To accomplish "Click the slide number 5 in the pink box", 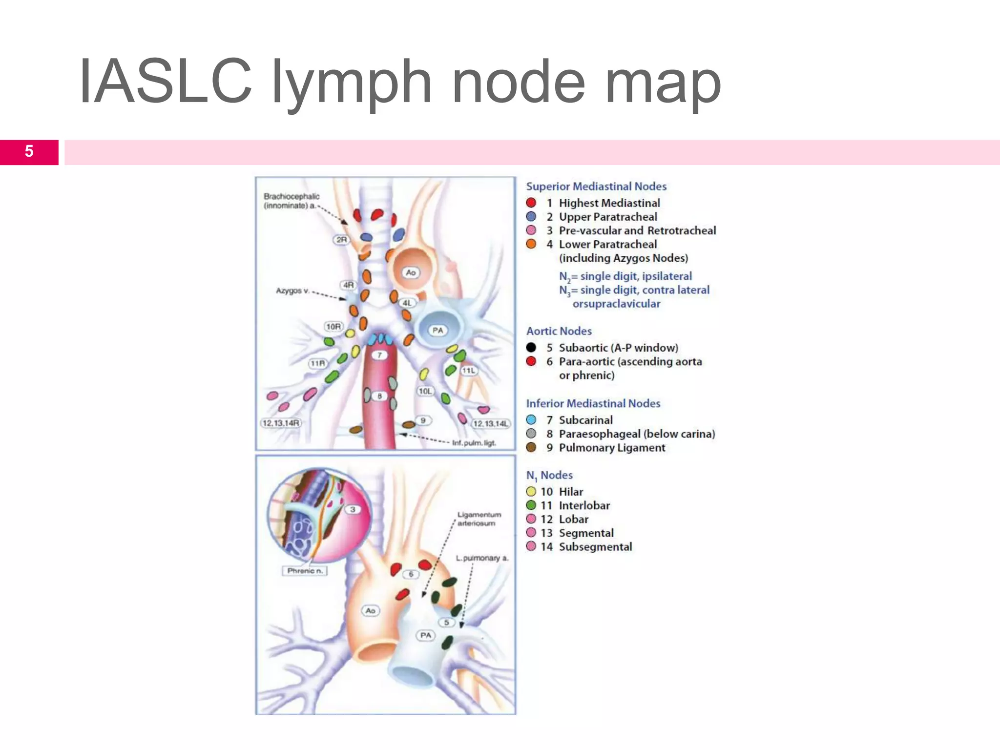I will point(29,151).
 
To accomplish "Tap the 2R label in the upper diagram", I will point(342,239).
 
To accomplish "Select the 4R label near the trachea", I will point(348,285).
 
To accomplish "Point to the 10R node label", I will point(334,326).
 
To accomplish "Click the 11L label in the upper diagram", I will point(469,371).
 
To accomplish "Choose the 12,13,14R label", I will point(281,423).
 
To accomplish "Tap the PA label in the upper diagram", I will point(438,330).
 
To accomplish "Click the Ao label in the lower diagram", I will point(371,610).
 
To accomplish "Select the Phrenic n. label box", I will point(305,570).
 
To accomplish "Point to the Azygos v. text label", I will point(292,291).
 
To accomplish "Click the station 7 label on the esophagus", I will point(379,355).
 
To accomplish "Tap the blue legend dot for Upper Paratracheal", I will point(531,216).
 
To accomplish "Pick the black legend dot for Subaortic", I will point(531,347).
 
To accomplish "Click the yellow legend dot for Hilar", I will point(531,492).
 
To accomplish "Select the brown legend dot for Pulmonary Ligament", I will point(531,447).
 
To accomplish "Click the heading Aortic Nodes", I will point(559,331).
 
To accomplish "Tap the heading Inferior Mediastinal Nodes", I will point(593,403).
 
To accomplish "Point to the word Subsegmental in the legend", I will point(595,546).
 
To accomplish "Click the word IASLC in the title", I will point(165,82).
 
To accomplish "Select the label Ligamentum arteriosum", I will point(479,519).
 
